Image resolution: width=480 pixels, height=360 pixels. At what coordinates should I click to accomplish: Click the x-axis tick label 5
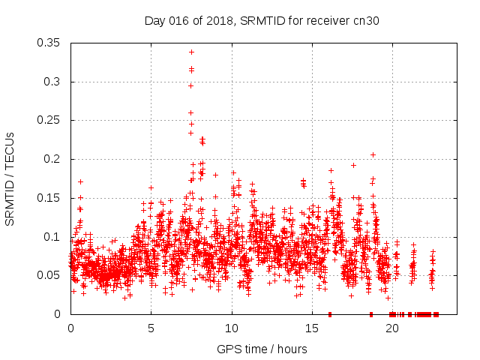(x=151, y=328)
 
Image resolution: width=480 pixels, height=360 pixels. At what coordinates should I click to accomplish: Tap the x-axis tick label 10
(x=232, y=328)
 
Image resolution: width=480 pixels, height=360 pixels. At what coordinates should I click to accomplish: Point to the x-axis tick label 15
(x=312, y=328)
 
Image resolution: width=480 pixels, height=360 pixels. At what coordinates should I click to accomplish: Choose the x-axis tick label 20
(x=392, y=328)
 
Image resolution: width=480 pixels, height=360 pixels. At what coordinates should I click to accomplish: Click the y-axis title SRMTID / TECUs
(x=10, y=178)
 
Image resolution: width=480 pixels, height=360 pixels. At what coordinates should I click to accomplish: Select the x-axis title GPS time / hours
(x=262, y=349)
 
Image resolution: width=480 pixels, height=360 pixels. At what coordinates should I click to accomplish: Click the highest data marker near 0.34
(x=191, y=52)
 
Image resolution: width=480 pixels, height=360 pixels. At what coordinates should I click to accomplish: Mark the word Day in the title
(x=154, y=20)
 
